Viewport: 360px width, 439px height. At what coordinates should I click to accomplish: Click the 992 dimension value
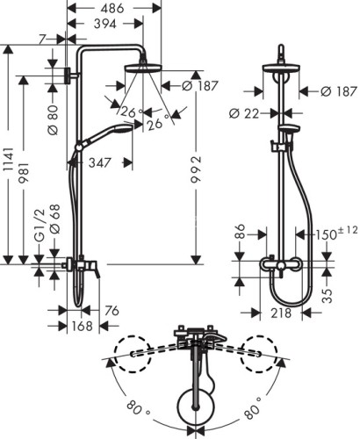[x=196, y=176]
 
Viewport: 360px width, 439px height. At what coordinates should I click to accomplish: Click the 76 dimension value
[x=112, y=308]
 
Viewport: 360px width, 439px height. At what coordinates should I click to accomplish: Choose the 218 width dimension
[x=279, y=313]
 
